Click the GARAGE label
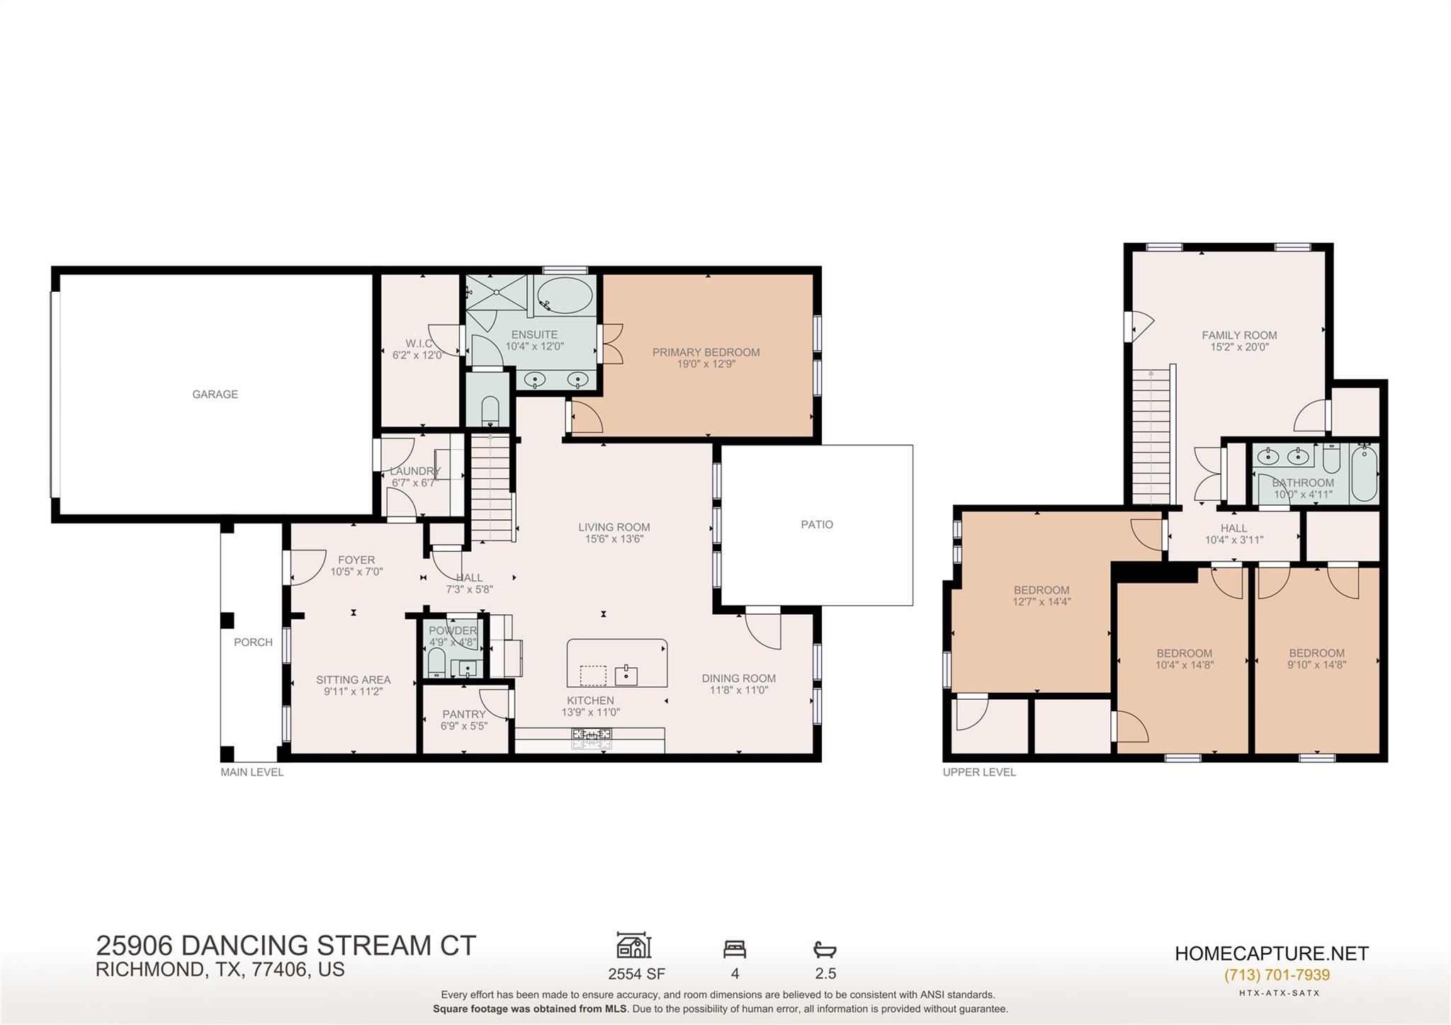(215, 395)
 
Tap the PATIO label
(816, 525)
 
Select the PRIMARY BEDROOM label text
(706, 352)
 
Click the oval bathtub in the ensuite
(564, 295)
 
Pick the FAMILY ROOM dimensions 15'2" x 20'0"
(1239, 348)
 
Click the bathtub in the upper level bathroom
(1364, 472)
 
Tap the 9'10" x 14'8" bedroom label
(1316, 665)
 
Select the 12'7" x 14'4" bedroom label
(1041, 602)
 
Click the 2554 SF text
(636, 974)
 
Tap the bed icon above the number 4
(734, 948)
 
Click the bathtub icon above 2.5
(825, 949)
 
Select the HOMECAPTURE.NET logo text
(1271, 953)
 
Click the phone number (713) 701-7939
(1277, 975)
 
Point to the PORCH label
(253, 642)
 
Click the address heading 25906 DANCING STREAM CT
(286, 946)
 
